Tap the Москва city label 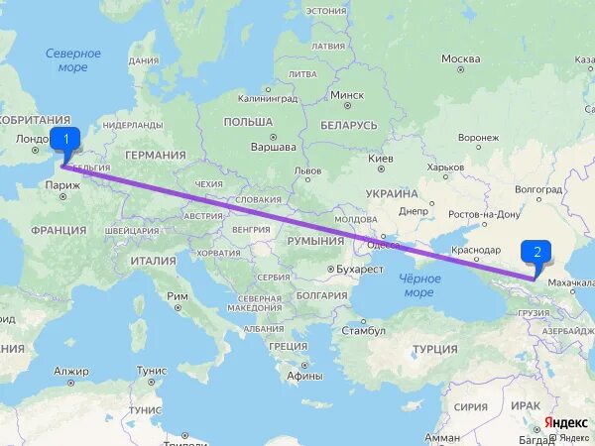[x=460, y=58]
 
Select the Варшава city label [x=274, y=147]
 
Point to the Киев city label [x=380, y=159]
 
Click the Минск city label [x=346, y=95]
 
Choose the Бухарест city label [x=357, y=269]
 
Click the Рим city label [x=178, y=296]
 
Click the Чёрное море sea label [x=418, y=285]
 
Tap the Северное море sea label [x=72, y=60]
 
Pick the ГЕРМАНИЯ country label [x=155, y=156]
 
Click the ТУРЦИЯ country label [x=434, y=349]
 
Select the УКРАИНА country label [x=391, y=193]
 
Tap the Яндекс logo [x=566, y=422]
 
